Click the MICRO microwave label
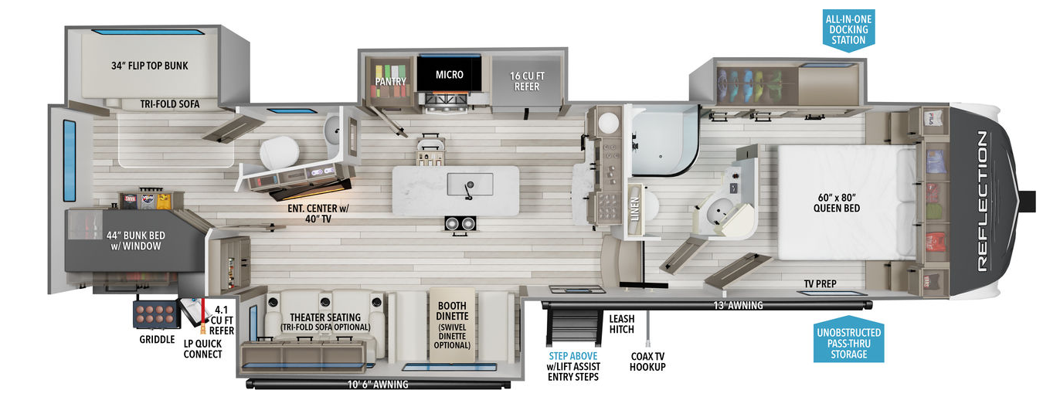pyautogui.click(x=449, y=75)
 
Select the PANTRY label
pyautogui.click(x=391, y=80)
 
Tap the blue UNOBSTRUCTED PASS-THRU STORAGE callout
pyautogui.click(x=848, y=343)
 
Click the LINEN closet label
pyautogui.click(x=635, y=208)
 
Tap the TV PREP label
pyautogui.click(x=820, y=283)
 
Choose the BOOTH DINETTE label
pyautogui.click(x=452, y=325)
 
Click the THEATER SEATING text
pyautogui.click(x=325, y=317)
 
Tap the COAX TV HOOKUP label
pyautogui.click(x=647, y=362)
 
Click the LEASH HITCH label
pyautogui.click(x=622, y=324)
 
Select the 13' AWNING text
pyautogui.click(x=739, y=306)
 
